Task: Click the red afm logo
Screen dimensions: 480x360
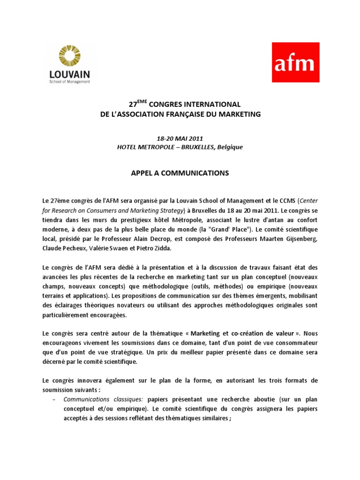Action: click(296, 62)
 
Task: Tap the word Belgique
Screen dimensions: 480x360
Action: click(228, 147)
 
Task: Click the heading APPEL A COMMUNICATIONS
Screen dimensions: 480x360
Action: click(180, 173)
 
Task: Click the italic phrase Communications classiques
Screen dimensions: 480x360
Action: click(103, 399)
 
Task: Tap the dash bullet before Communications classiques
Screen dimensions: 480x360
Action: click(54, 399)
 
